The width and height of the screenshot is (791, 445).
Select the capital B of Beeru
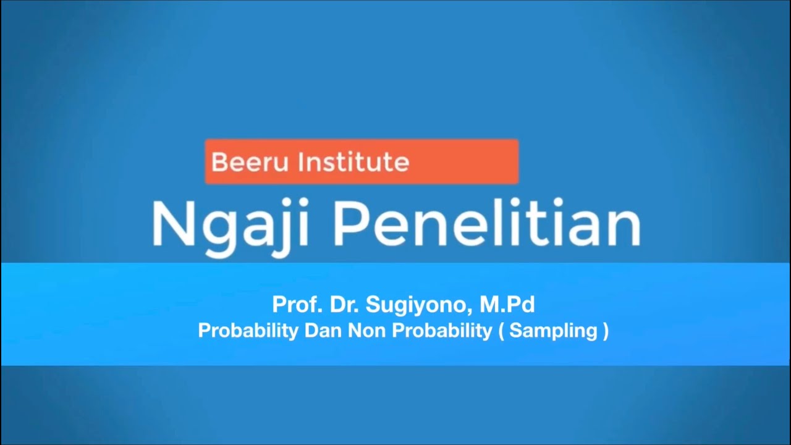(x=218, y=163)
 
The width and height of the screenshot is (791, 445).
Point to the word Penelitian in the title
(x=487, y=224)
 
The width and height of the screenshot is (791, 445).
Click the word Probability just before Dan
(x=248, y=331)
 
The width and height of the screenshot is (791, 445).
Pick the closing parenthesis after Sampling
(x=604, y=331)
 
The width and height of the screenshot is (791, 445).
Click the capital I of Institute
(x=301, y=163)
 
